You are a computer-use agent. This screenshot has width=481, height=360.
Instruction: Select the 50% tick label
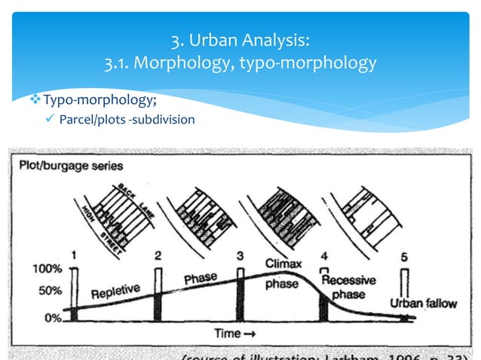pos(48,289)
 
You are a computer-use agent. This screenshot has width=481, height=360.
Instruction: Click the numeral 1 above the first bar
pos(73,255)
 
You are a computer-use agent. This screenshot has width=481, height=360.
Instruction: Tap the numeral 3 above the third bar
pos(240,256)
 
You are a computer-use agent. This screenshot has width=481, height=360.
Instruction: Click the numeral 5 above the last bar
pos(404,256)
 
